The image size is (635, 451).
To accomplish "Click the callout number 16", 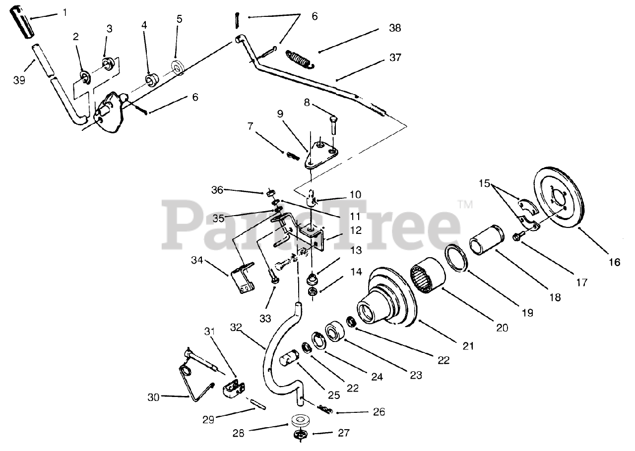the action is pos(614,262).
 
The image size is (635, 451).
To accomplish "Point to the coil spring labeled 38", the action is pos(300,58).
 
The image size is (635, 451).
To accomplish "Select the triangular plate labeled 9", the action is pos(320,154).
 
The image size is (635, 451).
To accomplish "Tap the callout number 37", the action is pos(395,58).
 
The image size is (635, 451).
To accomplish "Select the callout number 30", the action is pos(155,397).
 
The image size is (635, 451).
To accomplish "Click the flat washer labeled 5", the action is pos(177,66).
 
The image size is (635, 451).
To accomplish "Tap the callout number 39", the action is pos(19,79).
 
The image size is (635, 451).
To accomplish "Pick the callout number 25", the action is pos(333,395).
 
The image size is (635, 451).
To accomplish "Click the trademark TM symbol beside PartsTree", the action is pos(465,204).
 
